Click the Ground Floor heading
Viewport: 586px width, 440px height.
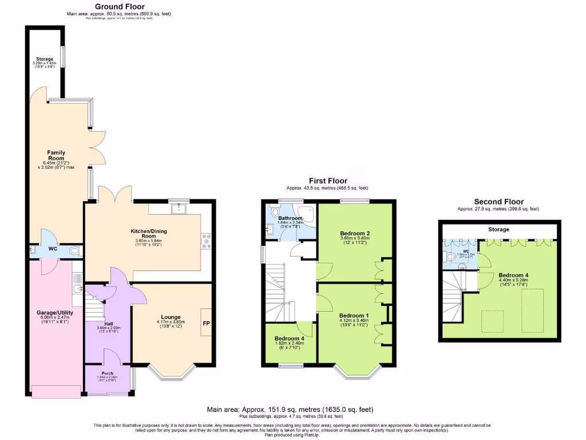click(120, 7)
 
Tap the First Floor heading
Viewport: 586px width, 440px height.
click(327, 181)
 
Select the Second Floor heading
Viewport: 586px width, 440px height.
click(498, 202)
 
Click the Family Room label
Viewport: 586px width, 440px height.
click(56, 156)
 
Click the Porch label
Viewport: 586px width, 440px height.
click(108, 374)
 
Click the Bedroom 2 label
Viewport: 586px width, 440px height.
click(355, 233)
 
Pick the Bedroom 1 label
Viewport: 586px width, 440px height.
click(354, 316)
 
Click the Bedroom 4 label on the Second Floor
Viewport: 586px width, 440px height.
click(513, 275)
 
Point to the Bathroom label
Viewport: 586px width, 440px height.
click(290, 218)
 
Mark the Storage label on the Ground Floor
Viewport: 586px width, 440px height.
click(45, 59)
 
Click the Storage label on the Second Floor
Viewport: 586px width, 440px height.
click(498, 229)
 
